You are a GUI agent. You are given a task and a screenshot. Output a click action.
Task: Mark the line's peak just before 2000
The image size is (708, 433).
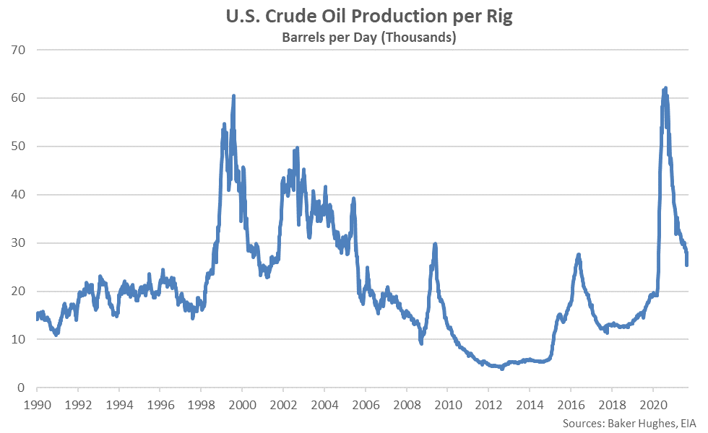[x=233, y=96]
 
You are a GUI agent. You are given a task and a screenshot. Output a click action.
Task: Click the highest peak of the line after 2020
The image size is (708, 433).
[x=665, y=88]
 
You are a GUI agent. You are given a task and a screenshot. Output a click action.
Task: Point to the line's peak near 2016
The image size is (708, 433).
[x=579, y=255]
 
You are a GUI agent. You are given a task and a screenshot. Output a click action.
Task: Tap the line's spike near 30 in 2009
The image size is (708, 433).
[x=435, y=244]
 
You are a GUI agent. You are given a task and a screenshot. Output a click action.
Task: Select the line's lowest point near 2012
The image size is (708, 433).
[x=502, y=369]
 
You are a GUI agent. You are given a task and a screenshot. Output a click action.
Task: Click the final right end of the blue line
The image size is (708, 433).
[x=686, y=265]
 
